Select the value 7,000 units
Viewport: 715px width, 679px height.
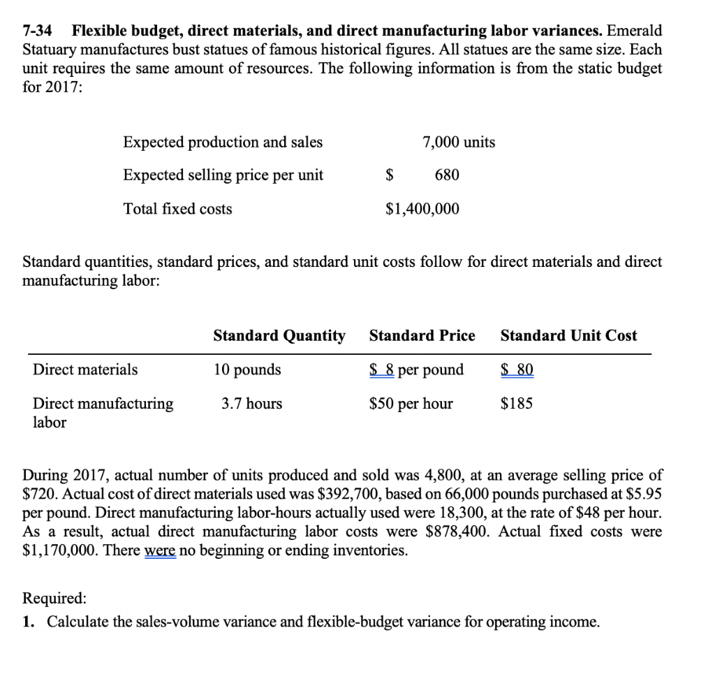click(459, 143)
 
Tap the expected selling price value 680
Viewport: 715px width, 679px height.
click(447, 175)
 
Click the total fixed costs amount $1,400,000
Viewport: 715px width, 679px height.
click(422, 209)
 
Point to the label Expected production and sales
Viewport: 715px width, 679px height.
click(223, 143)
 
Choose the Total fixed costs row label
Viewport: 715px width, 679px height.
click(177, 209)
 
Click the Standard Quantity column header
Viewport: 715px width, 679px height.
click(279, 336)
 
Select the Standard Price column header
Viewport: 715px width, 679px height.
click(422, 336)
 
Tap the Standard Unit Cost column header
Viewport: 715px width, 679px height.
click(568, 336)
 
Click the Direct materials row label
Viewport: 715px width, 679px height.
click(85, 370)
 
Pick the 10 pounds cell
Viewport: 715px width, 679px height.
click(247, 370)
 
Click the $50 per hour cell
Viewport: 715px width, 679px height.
click(411, 404)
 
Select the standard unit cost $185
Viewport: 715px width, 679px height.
click(517, 404)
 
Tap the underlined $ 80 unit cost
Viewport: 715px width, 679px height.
click(517, 370)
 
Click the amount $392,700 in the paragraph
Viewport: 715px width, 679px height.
click(347, 495)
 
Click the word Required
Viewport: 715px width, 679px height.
click(55, 598)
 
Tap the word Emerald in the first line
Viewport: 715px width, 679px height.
click(635, 31)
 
